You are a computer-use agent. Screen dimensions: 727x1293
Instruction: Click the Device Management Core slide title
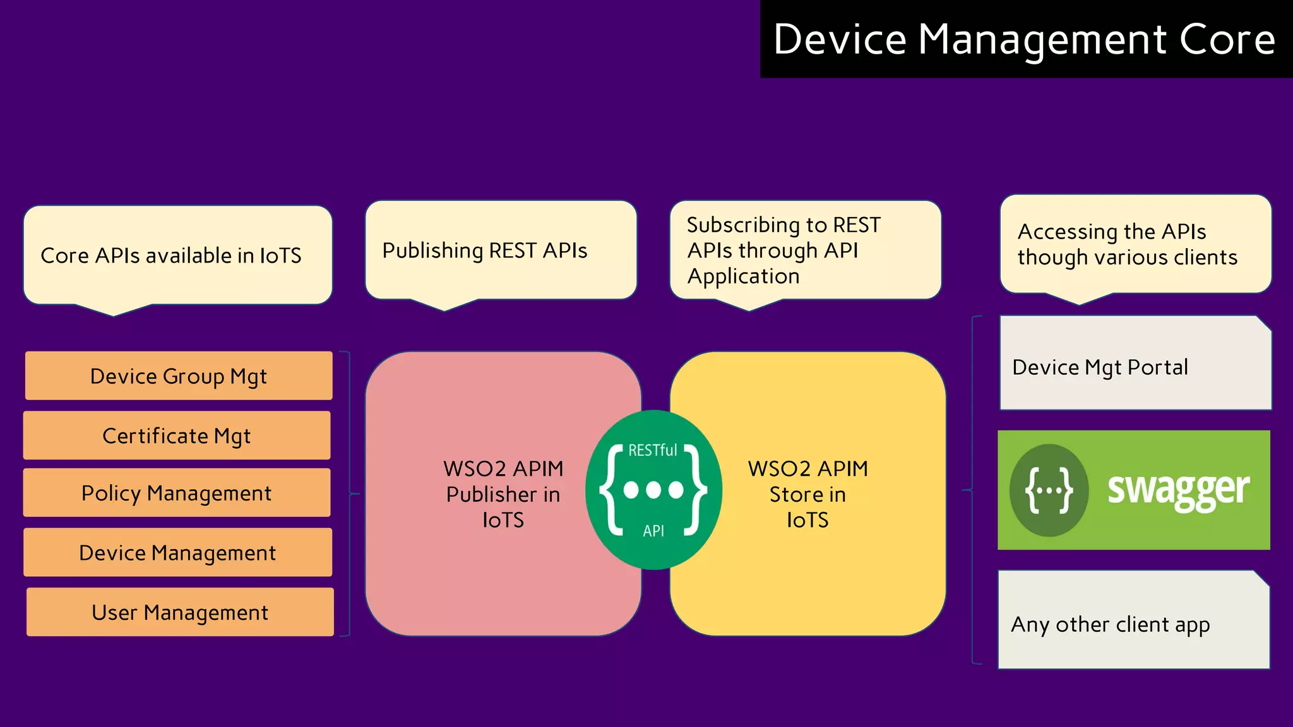pos(1024,39)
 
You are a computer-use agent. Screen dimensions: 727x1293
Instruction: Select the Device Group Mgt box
pos(179,376)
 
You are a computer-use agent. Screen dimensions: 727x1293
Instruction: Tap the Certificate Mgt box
pos(177,435)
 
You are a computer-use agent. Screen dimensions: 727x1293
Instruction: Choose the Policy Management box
pos(177,493)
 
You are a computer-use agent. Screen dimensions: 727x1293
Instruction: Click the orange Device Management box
pos(177,553)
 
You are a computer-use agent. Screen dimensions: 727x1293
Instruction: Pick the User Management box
pos(180,612)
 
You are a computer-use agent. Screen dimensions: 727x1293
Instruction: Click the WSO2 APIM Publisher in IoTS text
pos(503,494)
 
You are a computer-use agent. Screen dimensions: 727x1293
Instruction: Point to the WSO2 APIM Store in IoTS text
pos(807,494)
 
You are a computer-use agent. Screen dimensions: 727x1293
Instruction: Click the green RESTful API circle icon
pos(653,490)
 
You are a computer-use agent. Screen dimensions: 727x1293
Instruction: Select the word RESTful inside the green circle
pos(652,450)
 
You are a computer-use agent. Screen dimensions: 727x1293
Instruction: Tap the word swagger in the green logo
pos(1178,490)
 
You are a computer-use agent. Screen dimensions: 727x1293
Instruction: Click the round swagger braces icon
pos(1049,490)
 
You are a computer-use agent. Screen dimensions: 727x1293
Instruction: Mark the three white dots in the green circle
pos(653,490)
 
